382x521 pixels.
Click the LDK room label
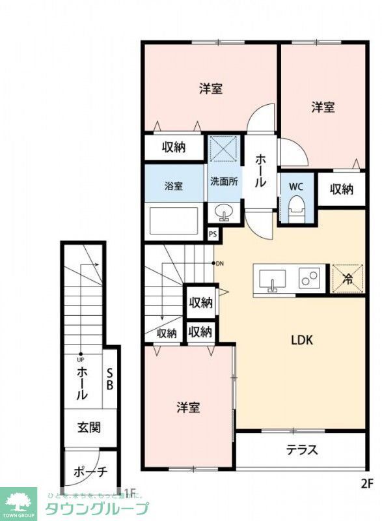(x=302, y=339)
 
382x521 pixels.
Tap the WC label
(x=296, y=186)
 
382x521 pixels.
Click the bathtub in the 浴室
(x=173, y=220)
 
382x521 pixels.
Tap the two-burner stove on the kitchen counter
(x=308, y=279)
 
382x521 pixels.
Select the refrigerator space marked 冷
(x=347, y=279)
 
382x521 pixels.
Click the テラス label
(x=301, y=449)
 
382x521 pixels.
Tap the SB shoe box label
(x=110, y=378)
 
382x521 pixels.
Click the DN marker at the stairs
(x=219, y=263)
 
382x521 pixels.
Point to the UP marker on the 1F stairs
(x=81, y=358)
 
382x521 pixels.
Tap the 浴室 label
(x=173, y=186)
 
